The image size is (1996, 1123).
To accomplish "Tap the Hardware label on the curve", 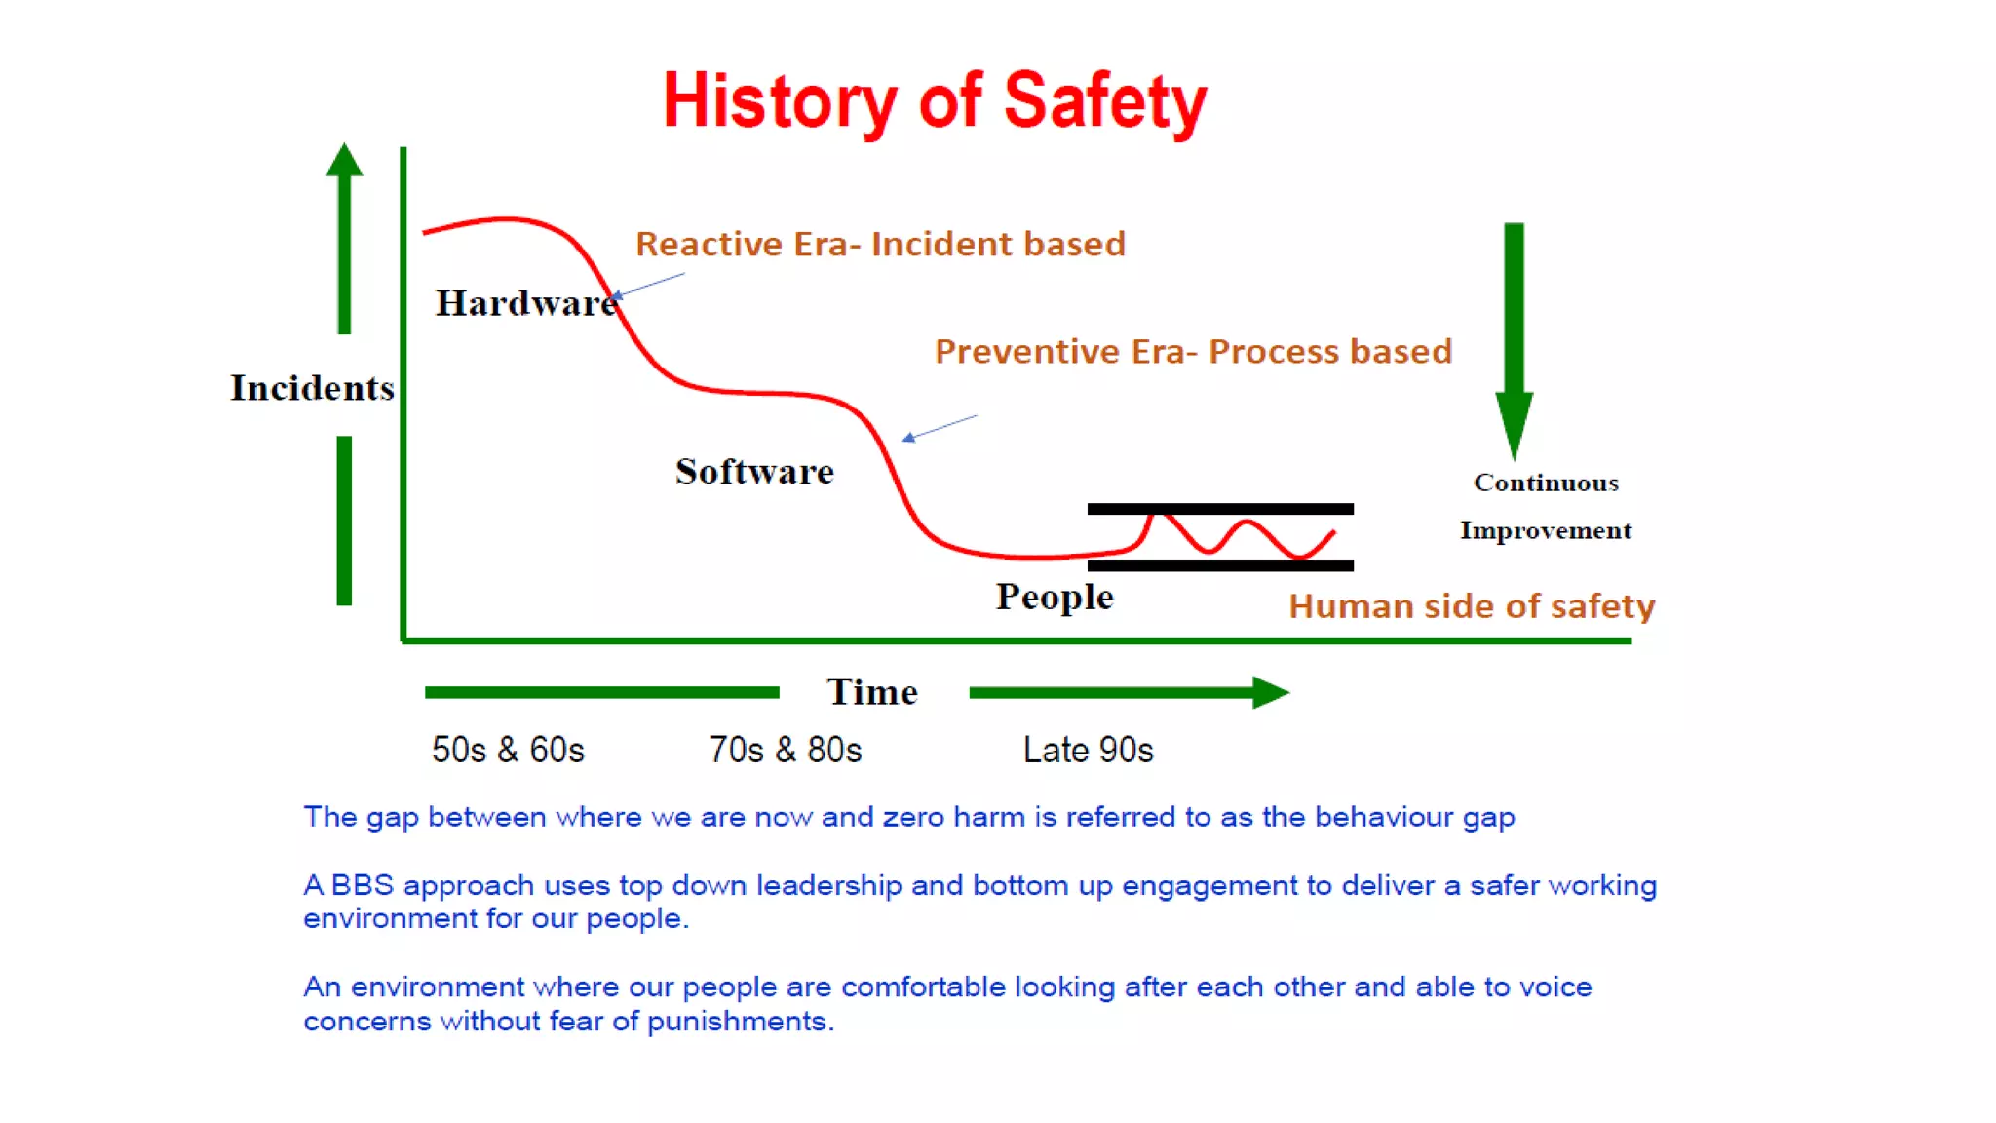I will point(525,303).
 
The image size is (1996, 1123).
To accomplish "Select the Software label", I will point(754,472).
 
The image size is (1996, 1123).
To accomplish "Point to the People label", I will point(1055,597).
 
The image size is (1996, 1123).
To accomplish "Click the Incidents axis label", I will point(312,388).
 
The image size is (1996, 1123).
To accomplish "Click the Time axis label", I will point(872,692).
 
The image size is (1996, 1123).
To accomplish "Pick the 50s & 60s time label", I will point(508,750).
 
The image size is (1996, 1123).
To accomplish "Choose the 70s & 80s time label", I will point(786,750).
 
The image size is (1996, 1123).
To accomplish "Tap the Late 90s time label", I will point(1088,750).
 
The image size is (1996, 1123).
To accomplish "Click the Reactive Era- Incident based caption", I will point(880,244).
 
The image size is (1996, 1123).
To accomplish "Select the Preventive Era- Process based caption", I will point(1193,351).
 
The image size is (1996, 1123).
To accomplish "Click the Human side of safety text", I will point(1472,606).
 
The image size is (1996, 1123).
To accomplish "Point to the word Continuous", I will point(1546,483).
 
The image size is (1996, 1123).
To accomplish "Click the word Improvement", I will point(1546,530).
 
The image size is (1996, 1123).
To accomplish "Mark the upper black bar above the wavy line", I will point(1220,509).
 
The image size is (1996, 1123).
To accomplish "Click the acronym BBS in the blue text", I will point(362,885).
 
